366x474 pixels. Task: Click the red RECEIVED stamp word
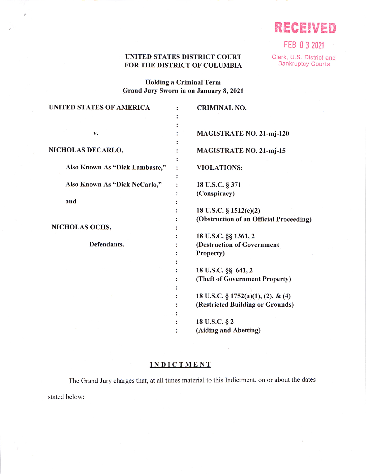(x=305, y=28)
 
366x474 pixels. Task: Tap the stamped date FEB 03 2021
(x=304, y=45)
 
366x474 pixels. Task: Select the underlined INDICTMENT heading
(x=180, y=365)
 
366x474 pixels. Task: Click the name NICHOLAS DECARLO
(x=86, y=150)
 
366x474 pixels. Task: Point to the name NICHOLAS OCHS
(x=81, y=227)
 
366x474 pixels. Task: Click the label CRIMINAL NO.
(x=221, y=108)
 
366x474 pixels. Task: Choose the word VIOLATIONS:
(x=219, y=168)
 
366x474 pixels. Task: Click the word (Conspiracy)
(x=215, y=194)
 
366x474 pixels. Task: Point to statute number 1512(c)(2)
(x=245, y=211)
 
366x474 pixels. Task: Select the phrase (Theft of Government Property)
(x=243, y=279)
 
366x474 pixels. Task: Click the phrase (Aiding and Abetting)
(x=228, y=330)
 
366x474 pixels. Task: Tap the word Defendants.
(x=106, y=244)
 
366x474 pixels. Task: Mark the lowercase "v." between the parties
(x=96, y=134)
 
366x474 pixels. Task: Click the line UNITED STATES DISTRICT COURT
(x=183, y=57)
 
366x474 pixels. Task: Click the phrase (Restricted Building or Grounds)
(x=245, y=305)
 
